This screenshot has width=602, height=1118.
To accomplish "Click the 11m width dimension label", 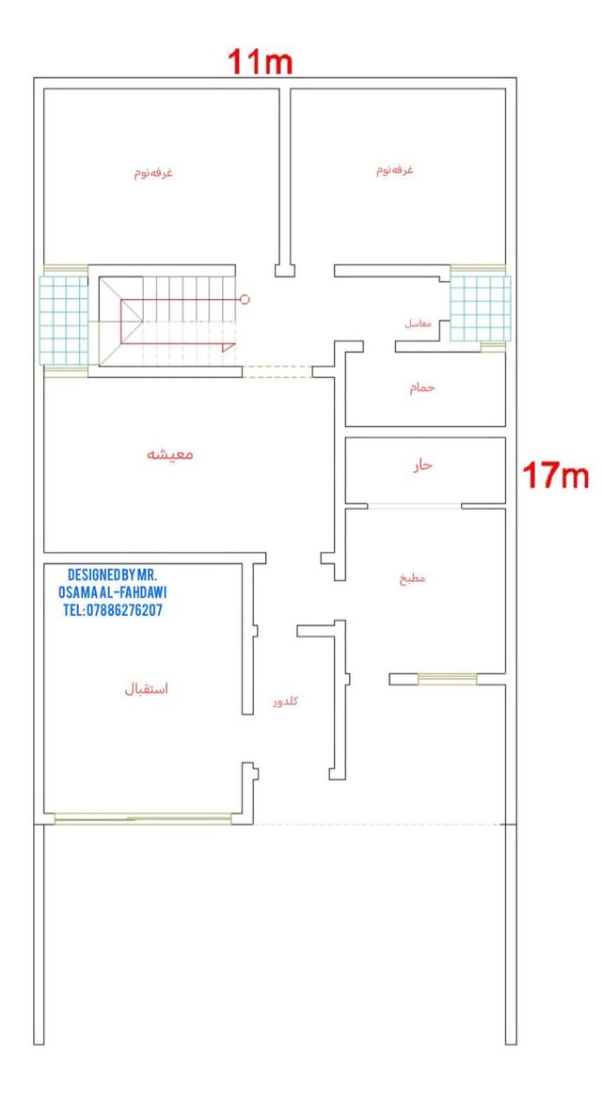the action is (260, 62).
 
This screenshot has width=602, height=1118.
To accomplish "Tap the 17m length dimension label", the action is (556, 476).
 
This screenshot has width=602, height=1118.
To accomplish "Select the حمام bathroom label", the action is (421, 388).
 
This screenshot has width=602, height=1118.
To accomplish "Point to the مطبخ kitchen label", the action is (412, 578).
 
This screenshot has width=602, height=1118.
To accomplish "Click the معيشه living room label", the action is (170, 454).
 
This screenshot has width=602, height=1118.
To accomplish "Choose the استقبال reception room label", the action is (146, 689).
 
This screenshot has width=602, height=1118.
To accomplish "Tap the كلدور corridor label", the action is (286, 701).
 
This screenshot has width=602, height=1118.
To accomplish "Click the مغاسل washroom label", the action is (418, 323).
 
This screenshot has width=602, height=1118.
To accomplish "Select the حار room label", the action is (421, 465).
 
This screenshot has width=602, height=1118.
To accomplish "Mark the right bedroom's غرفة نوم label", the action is (395, 170).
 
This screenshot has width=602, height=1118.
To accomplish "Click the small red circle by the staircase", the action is (245, 299).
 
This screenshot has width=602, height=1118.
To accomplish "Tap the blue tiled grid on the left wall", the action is (63, 320).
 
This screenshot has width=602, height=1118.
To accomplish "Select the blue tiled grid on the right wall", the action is (481, 308).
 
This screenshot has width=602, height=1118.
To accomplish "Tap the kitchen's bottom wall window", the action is (447, 679).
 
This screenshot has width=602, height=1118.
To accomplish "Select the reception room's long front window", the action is (143, 819).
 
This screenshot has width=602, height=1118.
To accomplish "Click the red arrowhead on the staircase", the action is (229, 348).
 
